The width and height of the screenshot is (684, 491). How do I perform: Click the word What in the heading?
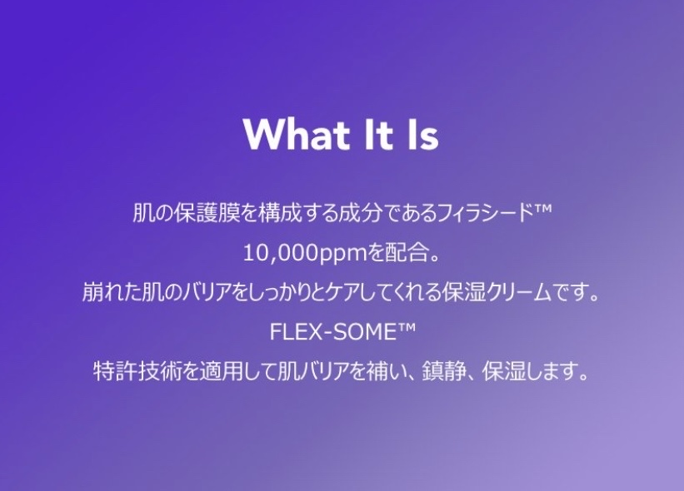[297, 134]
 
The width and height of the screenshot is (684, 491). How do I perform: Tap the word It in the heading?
[377, 134]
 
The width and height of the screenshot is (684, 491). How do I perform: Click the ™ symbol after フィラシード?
[543, 209]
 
